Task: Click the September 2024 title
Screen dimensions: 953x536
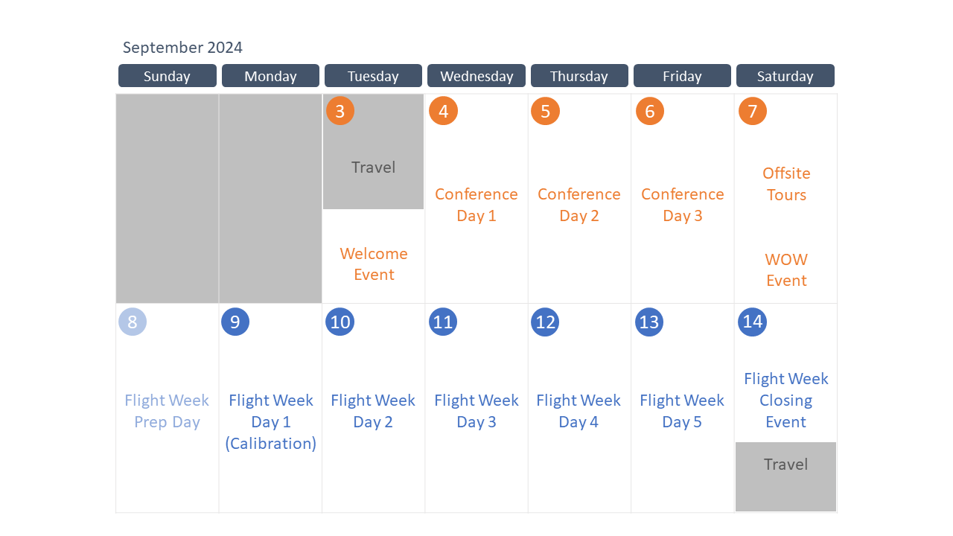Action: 182,47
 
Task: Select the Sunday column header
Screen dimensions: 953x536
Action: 168,76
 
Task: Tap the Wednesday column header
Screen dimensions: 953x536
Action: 476,76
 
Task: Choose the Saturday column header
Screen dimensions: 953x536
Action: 785,76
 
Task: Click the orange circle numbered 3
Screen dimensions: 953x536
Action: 340,111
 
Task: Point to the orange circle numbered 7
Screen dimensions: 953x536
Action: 753,111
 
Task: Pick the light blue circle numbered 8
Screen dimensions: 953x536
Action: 133,322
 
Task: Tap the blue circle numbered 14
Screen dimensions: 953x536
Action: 752,322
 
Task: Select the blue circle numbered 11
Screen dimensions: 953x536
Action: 443,322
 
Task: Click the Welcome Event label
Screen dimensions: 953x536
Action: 374,264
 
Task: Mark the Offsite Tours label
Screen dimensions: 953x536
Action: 786,184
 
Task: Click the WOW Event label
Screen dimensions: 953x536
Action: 786,269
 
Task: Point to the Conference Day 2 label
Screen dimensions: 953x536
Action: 579,205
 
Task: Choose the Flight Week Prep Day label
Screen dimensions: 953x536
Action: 167,411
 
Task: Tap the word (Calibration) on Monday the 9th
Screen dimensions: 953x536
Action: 270,443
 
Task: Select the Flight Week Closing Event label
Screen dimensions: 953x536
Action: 785,400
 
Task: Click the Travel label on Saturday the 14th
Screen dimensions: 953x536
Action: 785,464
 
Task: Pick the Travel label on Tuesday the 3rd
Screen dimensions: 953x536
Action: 373,167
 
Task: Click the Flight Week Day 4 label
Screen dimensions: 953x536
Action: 579,411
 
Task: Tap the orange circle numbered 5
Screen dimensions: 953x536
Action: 546,111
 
